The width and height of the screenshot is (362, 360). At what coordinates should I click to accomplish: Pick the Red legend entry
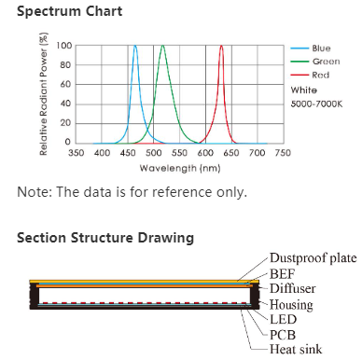[x=319, y=75]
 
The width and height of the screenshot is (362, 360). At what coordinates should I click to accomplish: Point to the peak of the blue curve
[x=135, y=46]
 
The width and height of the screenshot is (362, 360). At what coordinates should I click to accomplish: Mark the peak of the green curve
[x=163, y=46]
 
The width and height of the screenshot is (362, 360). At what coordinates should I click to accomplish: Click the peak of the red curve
[x=221, y=46]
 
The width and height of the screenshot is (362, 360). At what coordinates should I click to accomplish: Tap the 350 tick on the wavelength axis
[x=77, y=152]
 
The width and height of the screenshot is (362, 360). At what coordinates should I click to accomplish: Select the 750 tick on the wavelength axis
[x=283, y=152]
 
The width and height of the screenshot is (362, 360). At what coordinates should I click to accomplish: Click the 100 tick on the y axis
[x=63, y=46]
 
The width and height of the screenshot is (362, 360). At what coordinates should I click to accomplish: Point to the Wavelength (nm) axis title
[x=180, y=167]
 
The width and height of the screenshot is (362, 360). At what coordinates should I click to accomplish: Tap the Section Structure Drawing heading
[x=105, y=238]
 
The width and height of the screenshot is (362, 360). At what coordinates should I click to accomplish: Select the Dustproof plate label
[x=313, y=257]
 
